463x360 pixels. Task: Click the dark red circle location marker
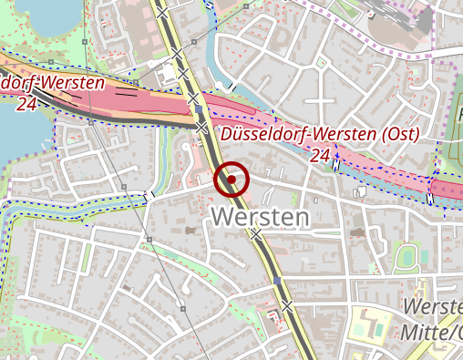[x=232, y=180]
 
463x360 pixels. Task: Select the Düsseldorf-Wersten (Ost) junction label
[x=320, y=135]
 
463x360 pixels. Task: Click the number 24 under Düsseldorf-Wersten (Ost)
[x=319, y=156]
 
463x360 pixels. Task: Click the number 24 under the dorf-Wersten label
[x=26, y=104]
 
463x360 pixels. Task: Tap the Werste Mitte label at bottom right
[x=432, y=320]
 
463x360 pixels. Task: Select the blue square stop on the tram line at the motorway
[x=197, y=109]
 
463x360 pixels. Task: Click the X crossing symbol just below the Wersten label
[x=257, y=234]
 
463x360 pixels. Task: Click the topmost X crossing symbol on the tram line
[x=161, y=14]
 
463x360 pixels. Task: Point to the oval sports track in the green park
[x=406, y=258]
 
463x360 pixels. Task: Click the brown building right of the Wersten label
[x=356, y=233]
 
